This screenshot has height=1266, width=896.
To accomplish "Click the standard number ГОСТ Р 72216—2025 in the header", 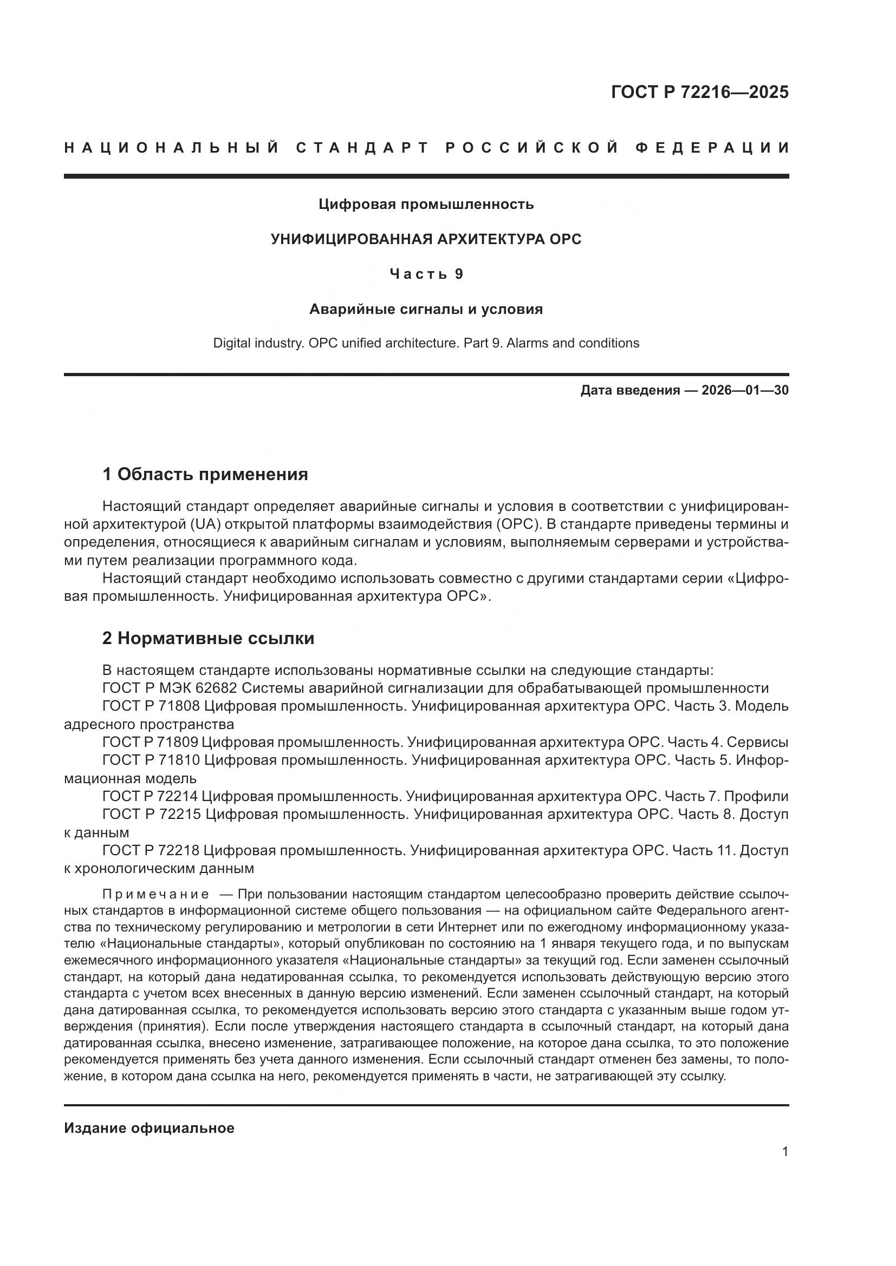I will pyautogui.click(x=699, y=92).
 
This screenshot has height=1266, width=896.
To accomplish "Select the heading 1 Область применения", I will pyautogui.click(x=205, y=474).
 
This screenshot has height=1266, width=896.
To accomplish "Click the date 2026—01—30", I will pyautogui.click(x=744, y=390).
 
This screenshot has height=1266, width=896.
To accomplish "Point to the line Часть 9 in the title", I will pyautogui.click(x=426, y=273).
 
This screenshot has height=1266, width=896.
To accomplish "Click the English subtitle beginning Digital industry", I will pyautogui.click(x=426, y=343).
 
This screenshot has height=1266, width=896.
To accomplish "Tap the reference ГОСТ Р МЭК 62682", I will pyautogui.click(x=170, y=688).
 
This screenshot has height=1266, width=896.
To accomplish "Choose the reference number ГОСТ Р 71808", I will pyautogui.click(x=151, y=706).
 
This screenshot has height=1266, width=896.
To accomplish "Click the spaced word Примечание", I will pyautogui.click(x=155, y=894).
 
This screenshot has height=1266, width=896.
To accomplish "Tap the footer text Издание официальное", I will pyautogui.click(x=149, y=1128).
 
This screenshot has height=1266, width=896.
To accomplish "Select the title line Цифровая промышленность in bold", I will pyautogui.click(x=426, y=205).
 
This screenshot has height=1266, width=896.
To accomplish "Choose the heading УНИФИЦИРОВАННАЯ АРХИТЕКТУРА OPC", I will pyautogui.click(x=426, y=239).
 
